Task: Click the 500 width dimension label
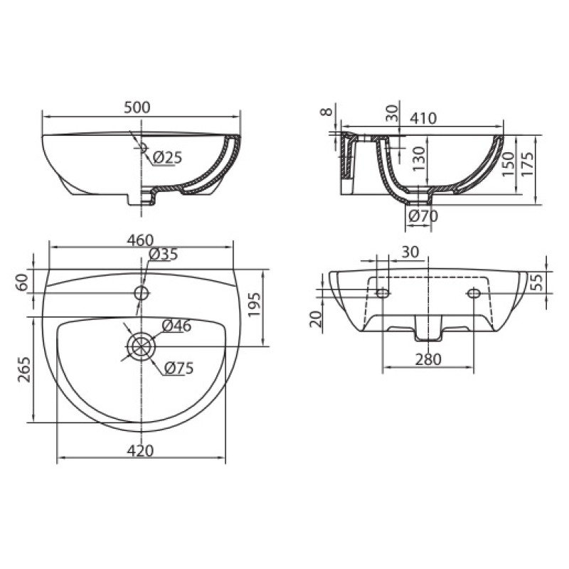[137, 107]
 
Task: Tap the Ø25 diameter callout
[166, 157]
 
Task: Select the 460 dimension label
[140, 240]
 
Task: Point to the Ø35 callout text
[163, 255]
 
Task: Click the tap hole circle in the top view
[141, 292]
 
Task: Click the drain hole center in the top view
[141, 346]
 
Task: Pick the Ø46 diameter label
[176, 326]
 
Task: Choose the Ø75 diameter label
[179, 368]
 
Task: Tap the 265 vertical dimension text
[23, 369]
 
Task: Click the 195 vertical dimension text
[255, 304]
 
